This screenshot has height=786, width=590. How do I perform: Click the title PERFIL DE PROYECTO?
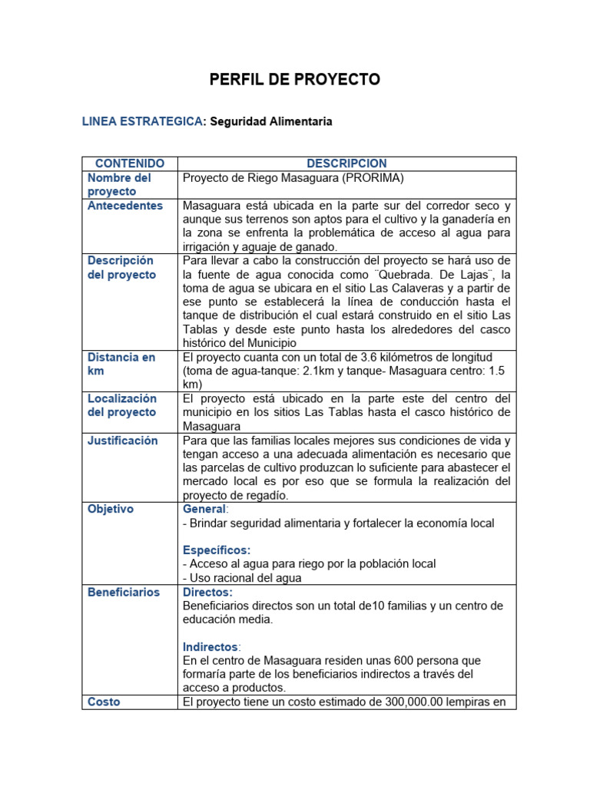[x=295, y=80]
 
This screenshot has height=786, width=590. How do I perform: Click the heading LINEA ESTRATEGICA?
[x=142, y=122]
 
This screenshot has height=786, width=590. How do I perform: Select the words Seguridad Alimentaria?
[x=271, y=122]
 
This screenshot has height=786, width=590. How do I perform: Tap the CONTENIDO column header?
[x=129, y=163]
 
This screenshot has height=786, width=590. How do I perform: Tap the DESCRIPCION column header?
[x=346, y=163]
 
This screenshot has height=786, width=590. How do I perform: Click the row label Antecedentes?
[x=125, y=206]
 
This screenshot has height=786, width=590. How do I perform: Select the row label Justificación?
[x=122, y=441]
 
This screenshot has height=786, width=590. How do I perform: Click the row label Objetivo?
[x=110, y=509]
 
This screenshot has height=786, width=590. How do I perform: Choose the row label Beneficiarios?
[x=124, y=592]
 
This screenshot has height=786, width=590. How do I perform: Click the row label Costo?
[x=104, y=702]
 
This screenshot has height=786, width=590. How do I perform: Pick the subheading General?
[x=204, y=509]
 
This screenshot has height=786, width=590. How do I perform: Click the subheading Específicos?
[x=217, y=550]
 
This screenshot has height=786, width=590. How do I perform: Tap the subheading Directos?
[x=207, y=592]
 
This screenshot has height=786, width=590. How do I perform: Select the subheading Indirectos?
[x=210, y=647]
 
